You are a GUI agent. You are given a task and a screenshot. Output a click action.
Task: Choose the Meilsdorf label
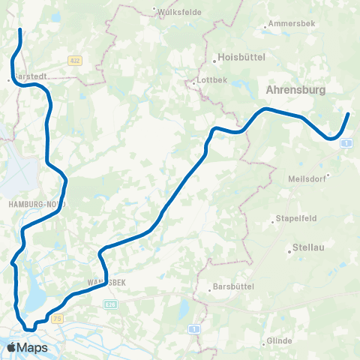click(x=307, y=179)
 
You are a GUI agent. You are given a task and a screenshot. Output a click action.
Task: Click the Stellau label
click(x=308, y=251)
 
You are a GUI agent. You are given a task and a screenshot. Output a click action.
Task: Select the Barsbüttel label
click(x=233, y=286)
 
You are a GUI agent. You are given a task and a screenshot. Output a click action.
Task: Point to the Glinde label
click(x=280, y=341)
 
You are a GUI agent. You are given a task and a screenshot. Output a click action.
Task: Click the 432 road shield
click(x=73, y=60)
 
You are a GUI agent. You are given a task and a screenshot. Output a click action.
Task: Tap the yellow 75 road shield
click(x=58, y=319)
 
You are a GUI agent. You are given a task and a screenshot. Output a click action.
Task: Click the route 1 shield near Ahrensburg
click(x=344, y=142)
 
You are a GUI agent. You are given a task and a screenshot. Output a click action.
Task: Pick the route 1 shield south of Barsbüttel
click(x=193, y=328)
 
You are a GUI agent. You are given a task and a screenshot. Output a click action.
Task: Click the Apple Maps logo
click(x=27, y=347)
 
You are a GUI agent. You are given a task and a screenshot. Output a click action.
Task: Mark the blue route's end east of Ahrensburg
click(x=349, y=114)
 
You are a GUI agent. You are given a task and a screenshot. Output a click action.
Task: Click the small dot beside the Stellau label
click(x=289, y=251)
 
